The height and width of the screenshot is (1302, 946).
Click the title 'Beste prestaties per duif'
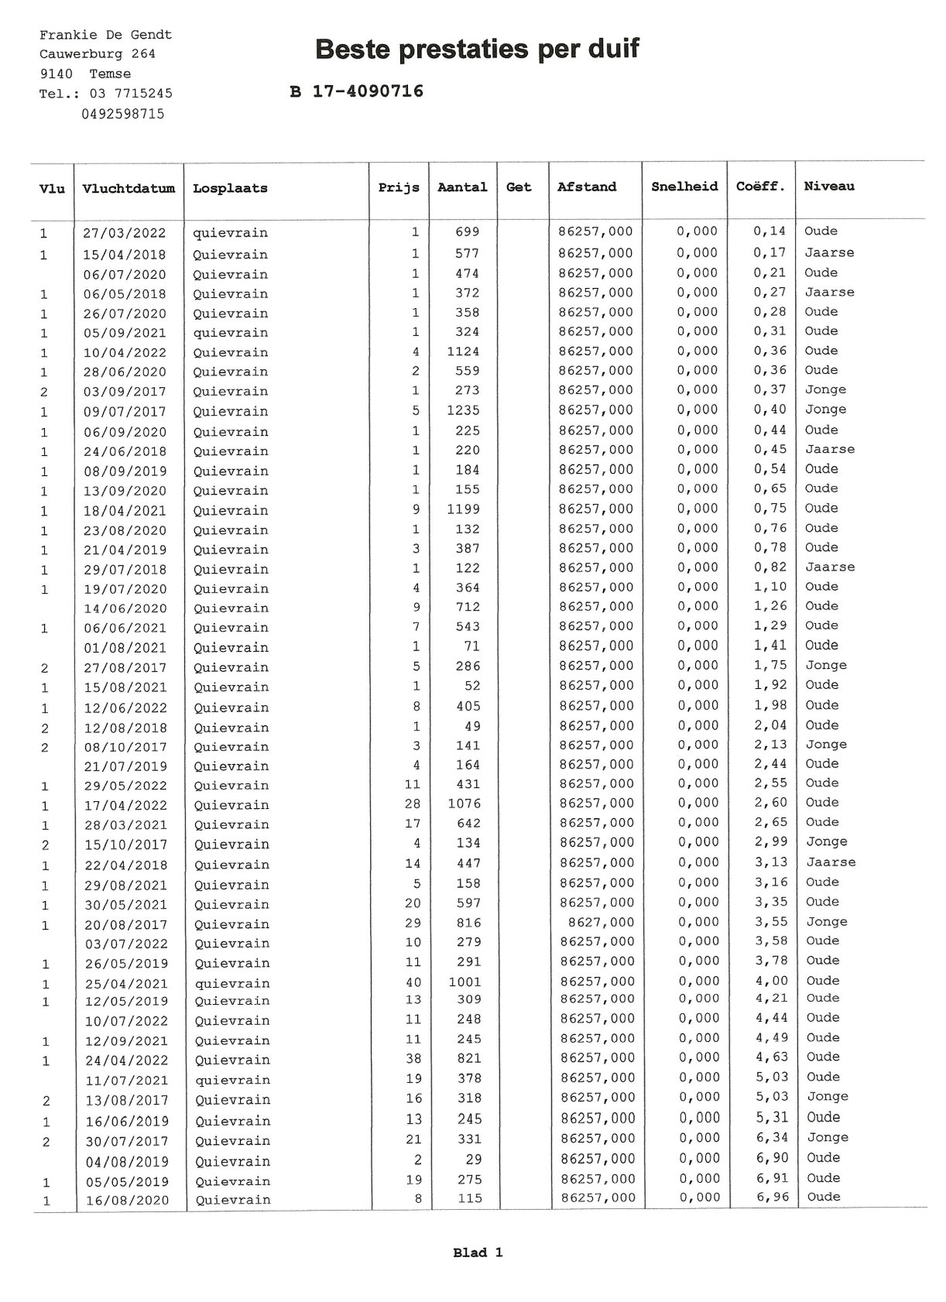477,50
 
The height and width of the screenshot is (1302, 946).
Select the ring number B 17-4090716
356,91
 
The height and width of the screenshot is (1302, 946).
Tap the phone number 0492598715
122,114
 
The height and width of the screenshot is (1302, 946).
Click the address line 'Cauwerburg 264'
98,54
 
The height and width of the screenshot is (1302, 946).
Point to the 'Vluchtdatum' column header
129,188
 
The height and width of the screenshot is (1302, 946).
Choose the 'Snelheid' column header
684,187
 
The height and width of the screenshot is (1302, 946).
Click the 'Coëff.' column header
760,187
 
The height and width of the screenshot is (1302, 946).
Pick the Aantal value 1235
463,410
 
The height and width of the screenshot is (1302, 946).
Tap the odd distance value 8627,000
600,922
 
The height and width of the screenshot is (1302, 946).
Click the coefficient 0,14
769,231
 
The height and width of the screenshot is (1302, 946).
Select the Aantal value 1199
463,509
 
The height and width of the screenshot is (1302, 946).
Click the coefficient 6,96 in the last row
771,1197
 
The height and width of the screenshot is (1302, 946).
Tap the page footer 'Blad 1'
478,1252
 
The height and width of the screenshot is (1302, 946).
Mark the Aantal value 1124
463,351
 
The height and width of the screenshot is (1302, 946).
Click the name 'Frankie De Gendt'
105,35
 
